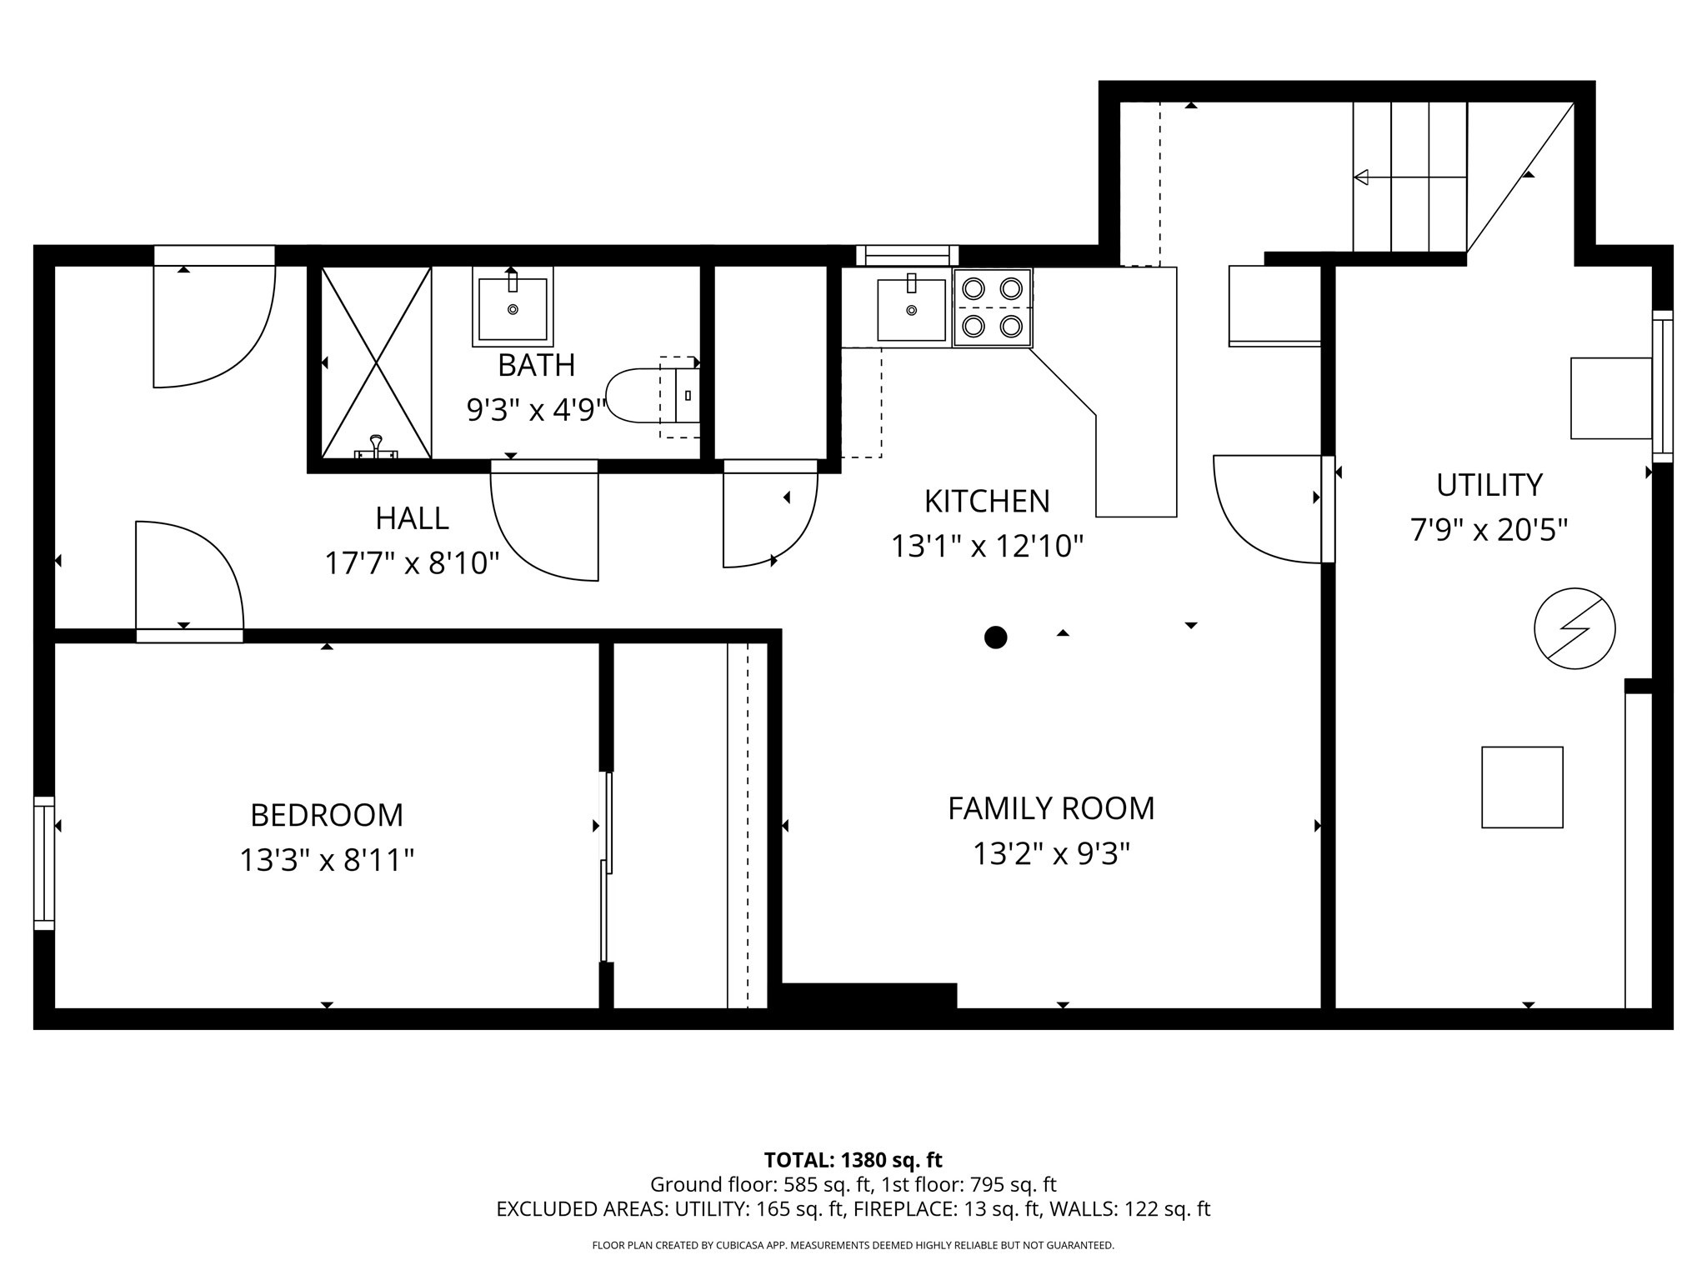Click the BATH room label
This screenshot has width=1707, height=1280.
coord(536,365)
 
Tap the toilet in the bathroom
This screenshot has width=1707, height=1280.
coord(642,396)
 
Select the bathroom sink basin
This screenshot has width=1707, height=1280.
coord(512,308)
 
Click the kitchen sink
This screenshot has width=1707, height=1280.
coord(911,309)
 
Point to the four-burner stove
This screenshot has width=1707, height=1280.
coord(992,307)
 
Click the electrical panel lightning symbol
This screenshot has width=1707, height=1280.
coord(1574,629)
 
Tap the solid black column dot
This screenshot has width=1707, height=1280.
coord(995,637)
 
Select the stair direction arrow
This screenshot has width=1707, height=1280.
coord(1409,177)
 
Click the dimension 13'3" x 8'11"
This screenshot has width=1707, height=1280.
coord(327,860)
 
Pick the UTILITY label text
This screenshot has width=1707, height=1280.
coord(1489,484)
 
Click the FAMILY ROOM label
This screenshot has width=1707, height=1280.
coord(1050,808)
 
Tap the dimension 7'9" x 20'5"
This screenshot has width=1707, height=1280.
coord(1489,530)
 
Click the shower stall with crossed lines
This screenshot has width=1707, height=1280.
coord(376,362)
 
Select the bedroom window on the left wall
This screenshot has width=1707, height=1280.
coord(43,862)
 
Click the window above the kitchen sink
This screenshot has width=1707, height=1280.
coord(907,255)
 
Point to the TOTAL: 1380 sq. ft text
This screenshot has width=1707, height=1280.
coord(853,1159)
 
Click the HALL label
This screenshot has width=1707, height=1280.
coord(412,518)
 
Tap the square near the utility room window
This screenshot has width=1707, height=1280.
coord(1610,398)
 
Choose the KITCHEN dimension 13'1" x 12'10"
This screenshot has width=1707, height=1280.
coord(987,547)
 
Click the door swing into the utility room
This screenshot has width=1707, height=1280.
coord(1267,508)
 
